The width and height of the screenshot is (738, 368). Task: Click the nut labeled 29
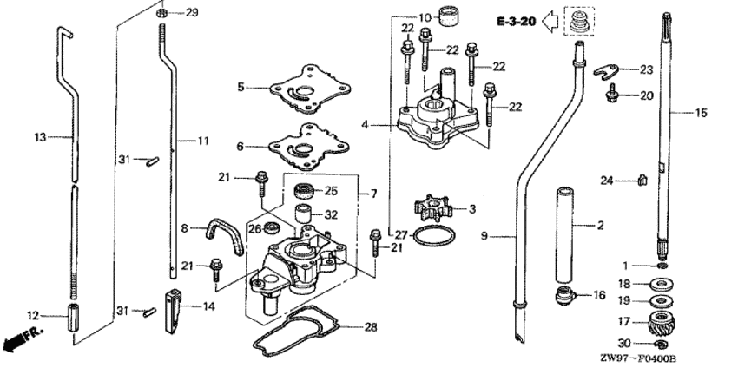pyautogui.click(x=162, y=13)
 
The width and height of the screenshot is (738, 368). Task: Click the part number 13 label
pyautogui.click(x=39, y=136)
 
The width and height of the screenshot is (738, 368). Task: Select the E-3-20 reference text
pyautogui.click(x=515, y=19)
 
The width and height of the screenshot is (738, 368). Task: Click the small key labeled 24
pyautogui.click(x=642, y=180)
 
